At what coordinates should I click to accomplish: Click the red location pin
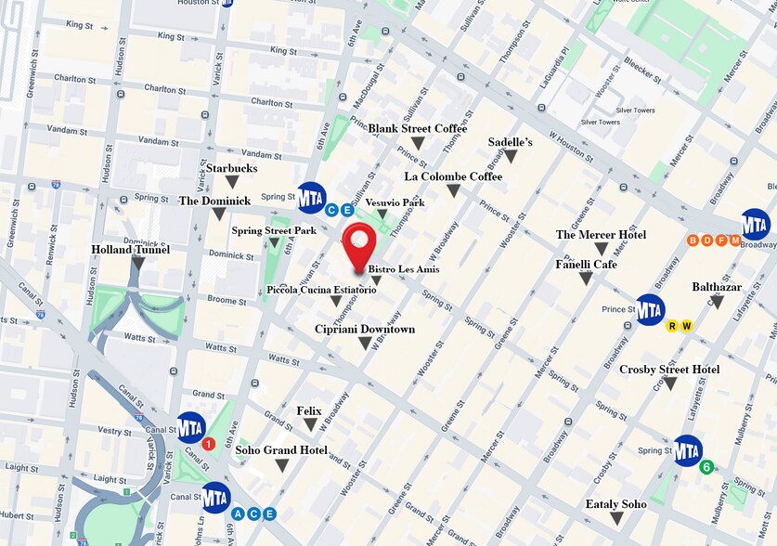(358, 242)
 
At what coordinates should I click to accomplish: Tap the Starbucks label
(231, 168)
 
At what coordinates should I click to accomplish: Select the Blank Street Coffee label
(417, 128)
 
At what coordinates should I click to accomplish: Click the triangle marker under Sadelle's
(510, 157)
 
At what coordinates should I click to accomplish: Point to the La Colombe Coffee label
(453, 176)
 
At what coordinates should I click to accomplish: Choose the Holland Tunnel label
(130, 250)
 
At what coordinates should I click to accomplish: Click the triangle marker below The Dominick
(218, 214)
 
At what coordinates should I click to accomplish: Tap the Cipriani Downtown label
(364, 330)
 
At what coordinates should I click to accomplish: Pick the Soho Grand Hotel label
(281, 450)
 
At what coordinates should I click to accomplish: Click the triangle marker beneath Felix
(310, 425)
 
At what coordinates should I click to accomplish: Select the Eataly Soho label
(615, 504)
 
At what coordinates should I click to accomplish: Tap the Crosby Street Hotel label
(669, 370)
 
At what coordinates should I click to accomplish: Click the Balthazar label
(717, 287)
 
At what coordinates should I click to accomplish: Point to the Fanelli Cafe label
(586, 265)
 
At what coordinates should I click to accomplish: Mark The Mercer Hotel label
(601, 235)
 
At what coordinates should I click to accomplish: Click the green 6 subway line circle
(706, 467)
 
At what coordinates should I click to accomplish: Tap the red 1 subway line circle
(209, 444)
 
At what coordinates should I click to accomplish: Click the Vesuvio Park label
(395, 202)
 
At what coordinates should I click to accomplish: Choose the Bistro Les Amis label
(403, 269)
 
